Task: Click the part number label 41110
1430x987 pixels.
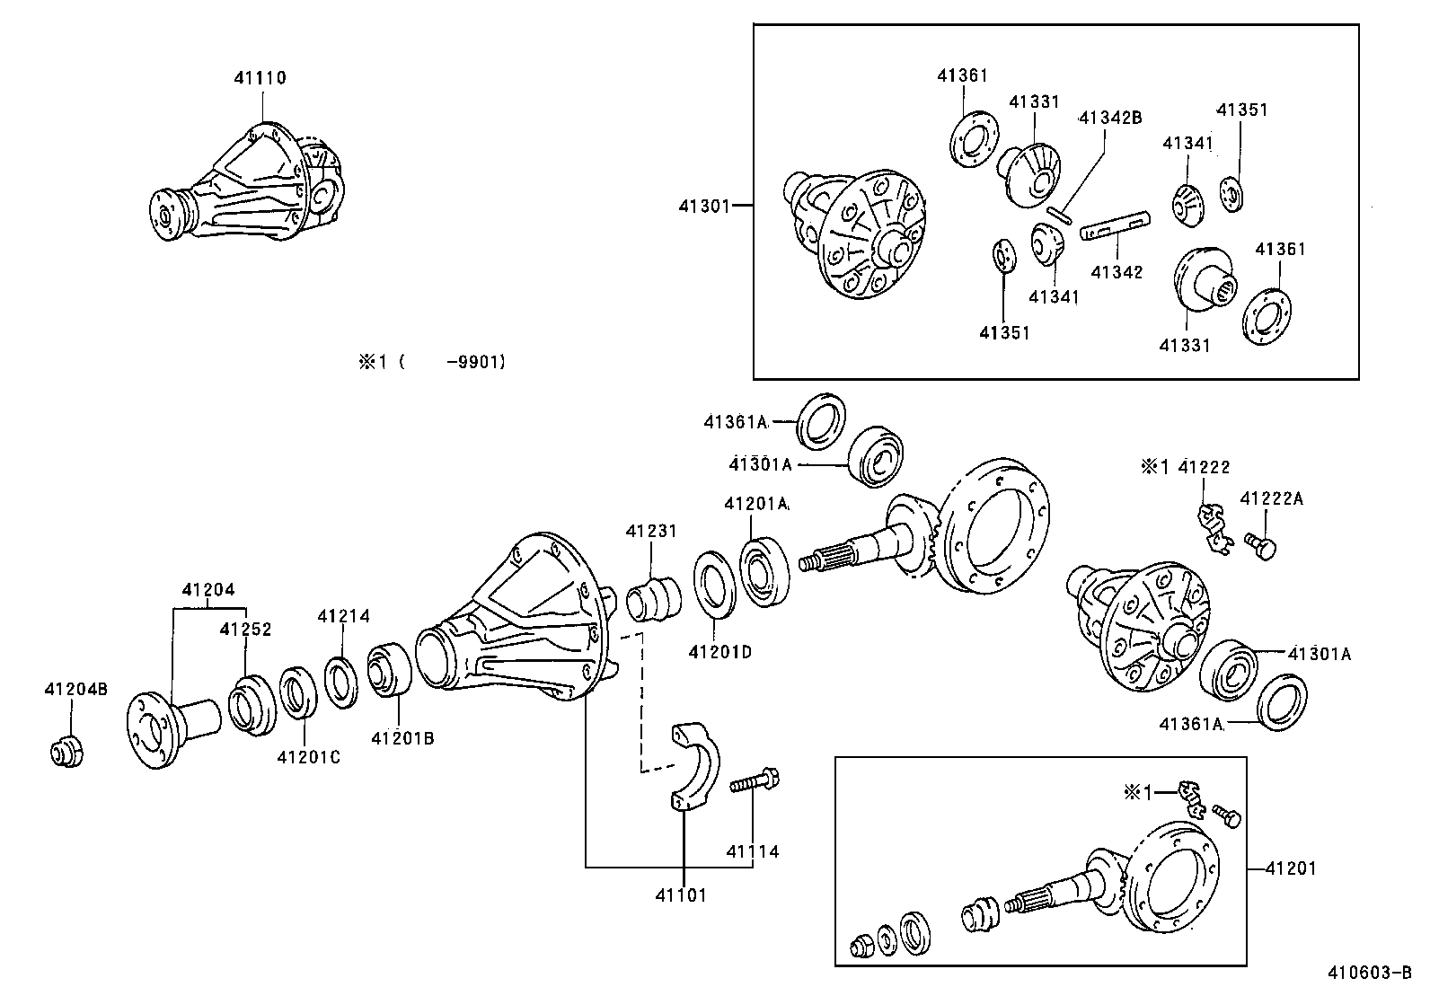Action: coord(260,78)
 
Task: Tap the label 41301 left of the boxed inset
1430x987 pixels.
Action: coord(704,206)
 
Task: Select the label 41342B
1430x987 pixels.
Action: coord(1109,117)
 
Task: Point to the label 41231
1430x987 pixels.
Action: coord(651,532)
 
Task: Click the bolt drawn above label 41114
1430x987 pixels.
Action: coord(756,780)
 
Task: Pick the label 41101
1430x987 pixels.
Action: coord(681,894)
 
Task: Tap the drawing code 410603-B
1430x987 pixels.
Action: coord(1371,972)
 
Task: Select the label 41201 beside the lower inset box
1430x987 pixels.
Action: coord(1291,868)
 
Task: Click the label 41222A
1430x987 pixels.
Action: coord(1271,498)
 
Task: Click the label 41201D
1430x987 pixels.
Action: coord(719,651)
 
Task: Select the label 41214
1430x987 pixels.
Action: coord(343,616)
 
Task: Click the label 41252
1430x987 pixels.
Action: coord(245,630)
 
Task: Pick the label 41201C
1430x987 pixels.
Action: coord(308,757)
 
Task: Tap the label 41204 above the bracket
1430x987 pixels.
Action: coord(208,590)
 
